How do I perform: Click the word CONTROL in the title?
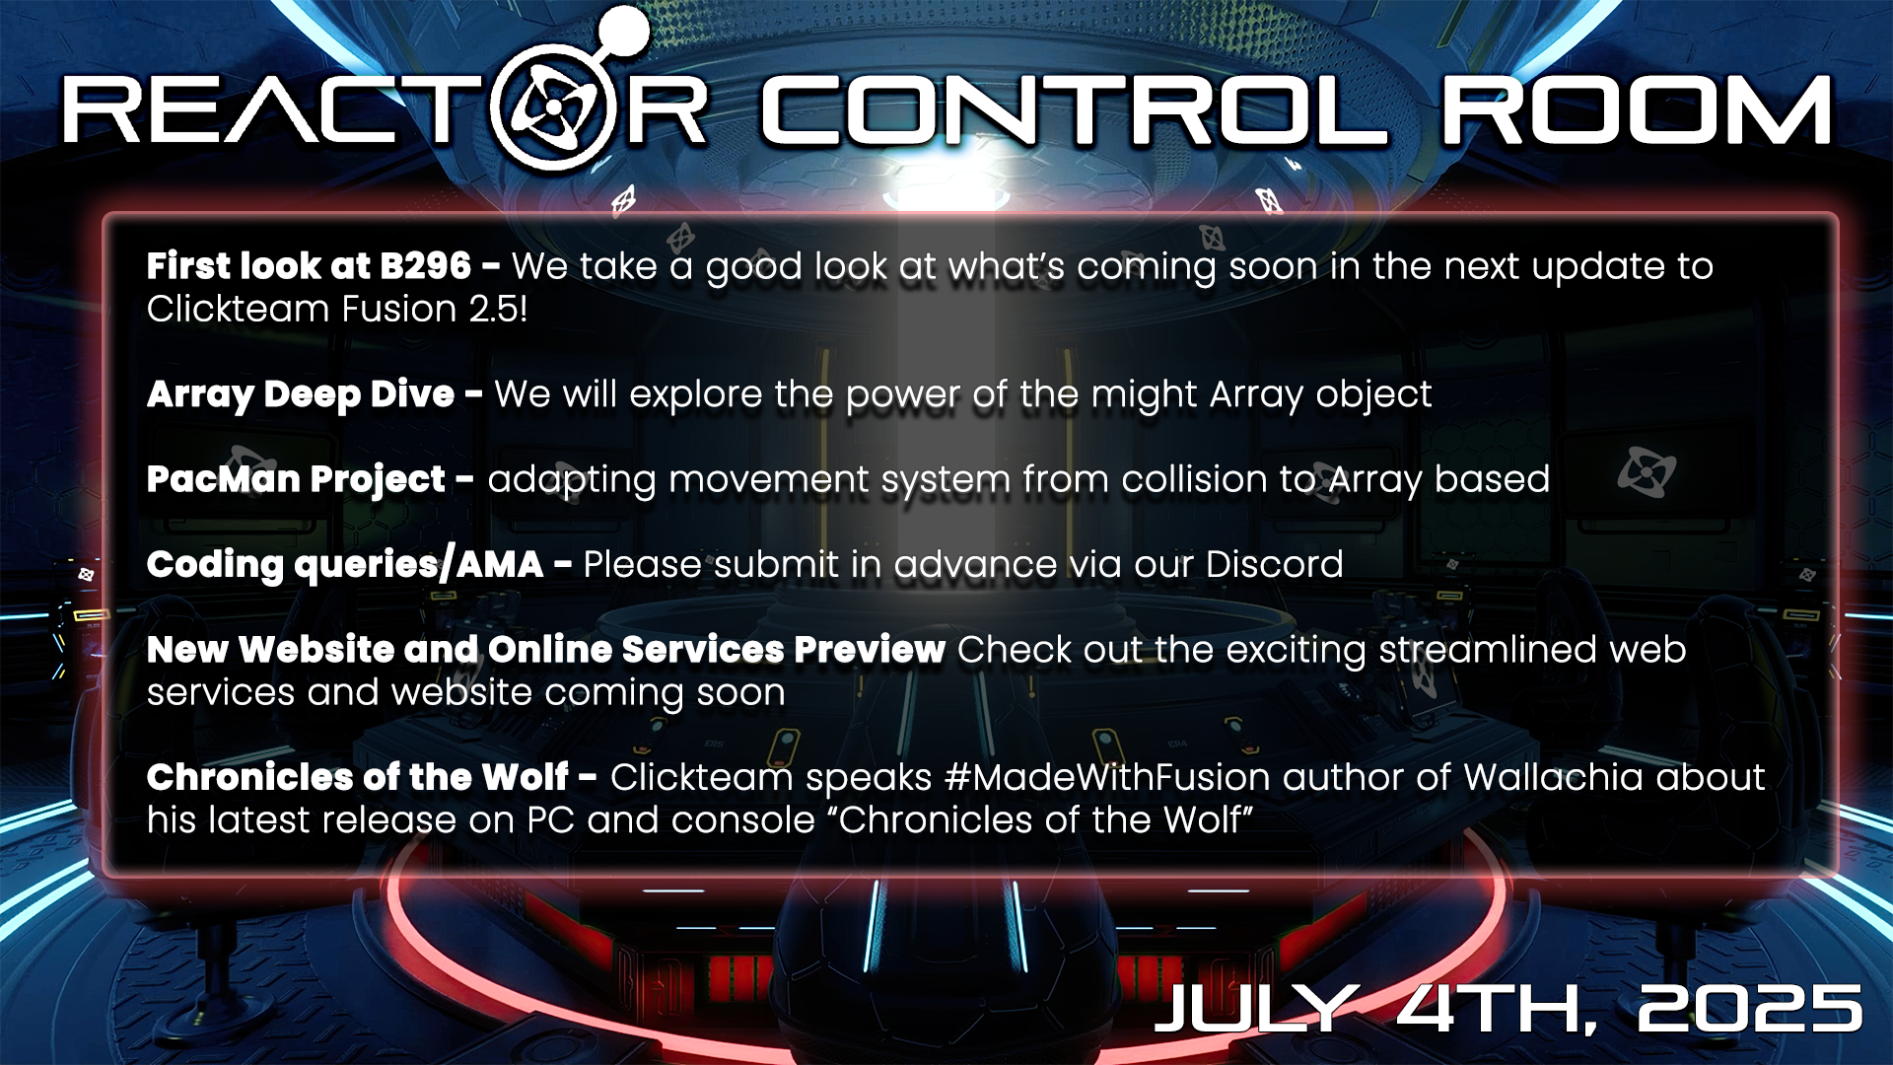point(1074,110)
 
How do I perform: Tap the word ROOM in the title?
point(1637,110)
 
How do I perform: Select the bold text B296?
point(425,266)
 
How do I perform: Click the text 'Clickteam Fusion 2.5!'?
point(337,310)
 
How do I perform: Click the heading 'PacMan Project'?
point(296,480)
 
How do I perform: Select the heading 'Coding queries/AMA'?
point(345,565)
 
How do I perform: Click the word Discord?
point(1275,565)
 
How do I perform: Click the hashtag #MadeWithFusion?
point(1107,778)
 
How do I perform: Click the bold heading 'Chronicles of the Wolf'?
point(358,778)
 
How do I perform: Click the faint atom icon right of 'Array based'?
point(1646,471)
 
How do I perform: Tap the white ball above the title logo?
point(623,31)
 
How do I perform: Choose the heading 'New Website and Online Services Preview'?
point(546,650)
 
